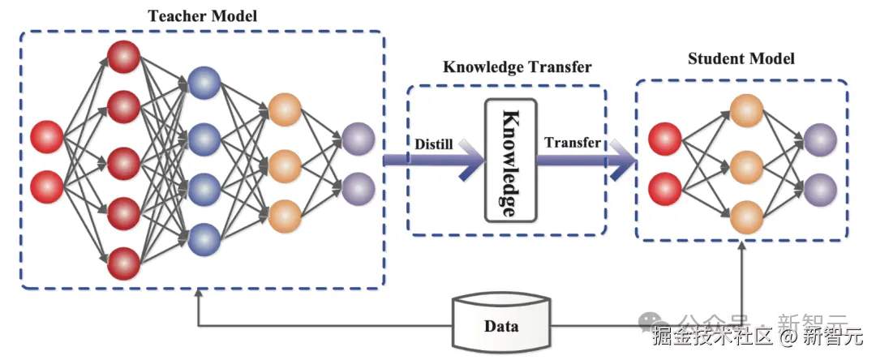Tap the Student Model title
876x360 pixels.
click(741, 58)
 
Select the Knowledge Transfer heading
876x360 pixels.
click(517, 66)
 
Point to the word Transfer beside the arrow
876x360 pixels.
click(573, 143)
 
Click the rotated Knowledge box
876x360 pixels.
click(510, 161)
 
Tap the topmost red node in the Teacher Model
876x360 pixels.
click(124, 56)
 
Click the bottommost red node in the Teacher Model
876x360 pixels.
click(124, 263)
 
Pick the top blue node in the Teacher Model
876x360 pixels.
click(204, 82)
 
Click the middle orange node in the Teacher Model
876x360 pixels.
click(285, 165)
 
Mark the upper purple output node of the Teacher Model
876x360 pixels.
click(358, 139)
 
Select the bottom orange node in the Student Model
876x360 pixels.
click(746, 216)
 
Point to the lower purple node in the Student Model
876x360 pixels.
click(820, 190)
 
